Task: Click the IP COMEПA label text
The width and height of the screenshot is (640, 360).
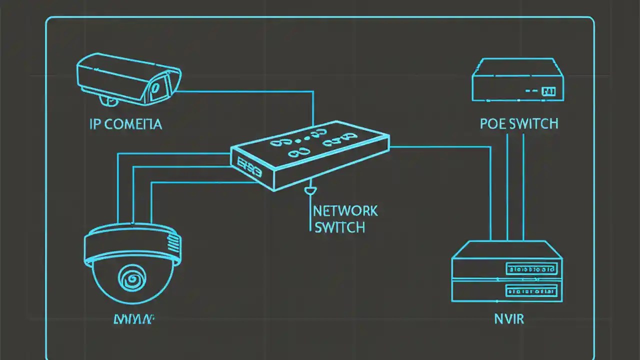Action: pyautogui.click(x=125, y=124)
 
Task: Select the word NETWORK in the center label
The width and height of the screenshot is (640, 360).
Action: pyautogui.click(x=345, y=210)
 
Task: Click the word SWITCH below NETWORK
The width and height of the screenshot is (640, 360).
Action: pyautogui.click(x=339, y=227)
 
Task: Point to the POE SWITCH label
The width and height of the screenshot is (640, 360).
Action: pyautogui.click(x=518, y=123)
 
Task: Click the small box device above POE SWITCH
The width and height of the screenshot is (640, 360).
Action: pyautogui.click(x=517, y=80)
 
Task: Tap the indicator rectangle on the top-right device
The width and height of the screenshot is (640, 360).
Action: pyautogui.click(x=548, y=91)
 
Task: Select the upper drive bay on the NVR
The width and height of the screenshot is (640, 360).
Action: pyautogui.click(x=531, y=269)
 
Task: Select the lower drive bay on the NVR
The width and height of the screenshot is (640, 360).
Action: pyautogui.click(x=531, y=290)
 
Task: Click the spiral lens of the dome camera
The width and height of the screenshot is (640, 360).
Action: pyautogui.click(x=131, y=277)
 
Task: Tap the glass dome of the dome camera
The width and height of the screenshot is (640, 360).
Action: pyautogui.click(x=131, y=282)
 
